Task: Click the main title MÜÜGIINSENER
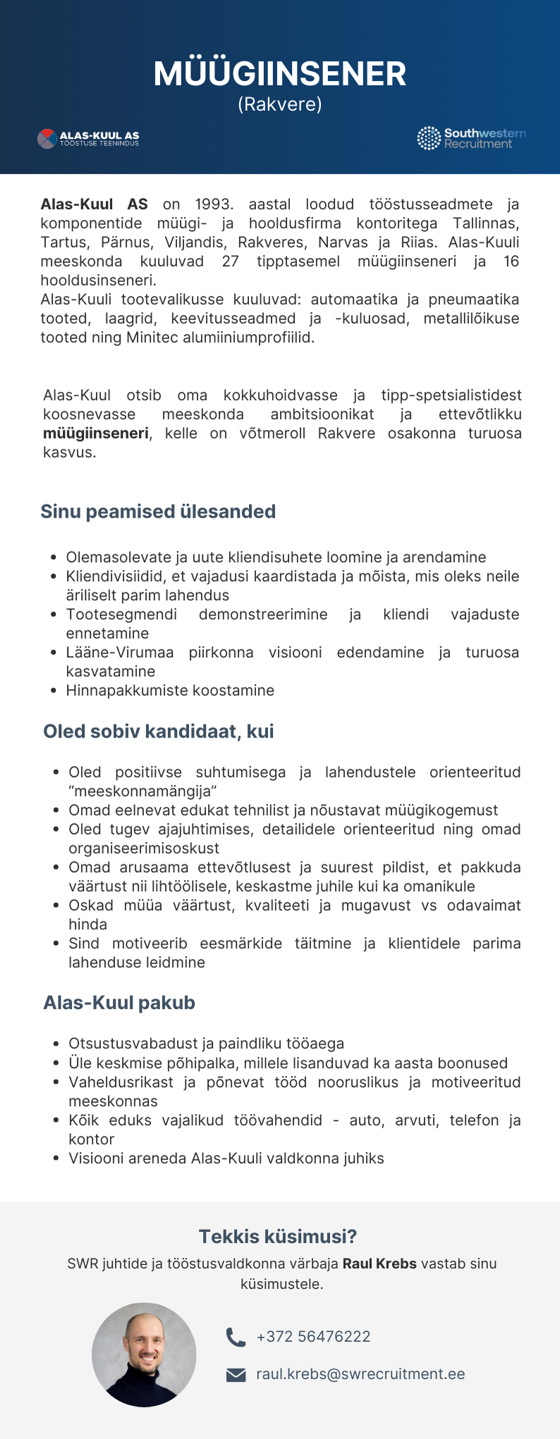tap(280, 74)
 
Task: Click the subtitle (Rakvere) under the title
tap(280, 104)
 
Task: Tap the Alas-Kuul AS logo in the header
tap(88, 138)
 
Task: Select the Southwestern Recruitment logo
tap(471, 138)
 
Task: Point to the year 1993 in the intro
tap(214, 204)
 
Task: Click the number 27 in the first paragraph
tap(231, 262)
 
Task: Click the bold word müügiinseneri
tap(96, 433)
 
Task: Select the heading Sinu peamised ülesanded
tap(158, 512)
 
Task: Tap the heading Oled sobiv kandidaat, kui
tap(159, 731)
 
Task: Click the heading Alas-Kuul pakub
tap(119, 1003)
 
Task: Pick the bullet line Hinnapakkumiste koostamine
tap(170, 690)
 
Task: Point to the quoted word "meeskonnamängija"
tap(142, 791)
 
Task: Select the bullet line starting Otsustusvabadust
tap(206, 1043)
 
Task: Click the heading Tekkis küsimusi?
tap(278, 1236)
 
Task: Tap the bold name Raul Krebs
tap(379, 1263)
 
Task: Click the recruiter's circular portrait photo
tap(144, 1354)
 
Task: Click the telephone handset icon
tap(236, 1337)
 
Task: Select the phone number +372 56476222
tap(313, 1337)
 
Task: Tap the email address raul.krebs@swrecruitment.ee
tap(360, 1374)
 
